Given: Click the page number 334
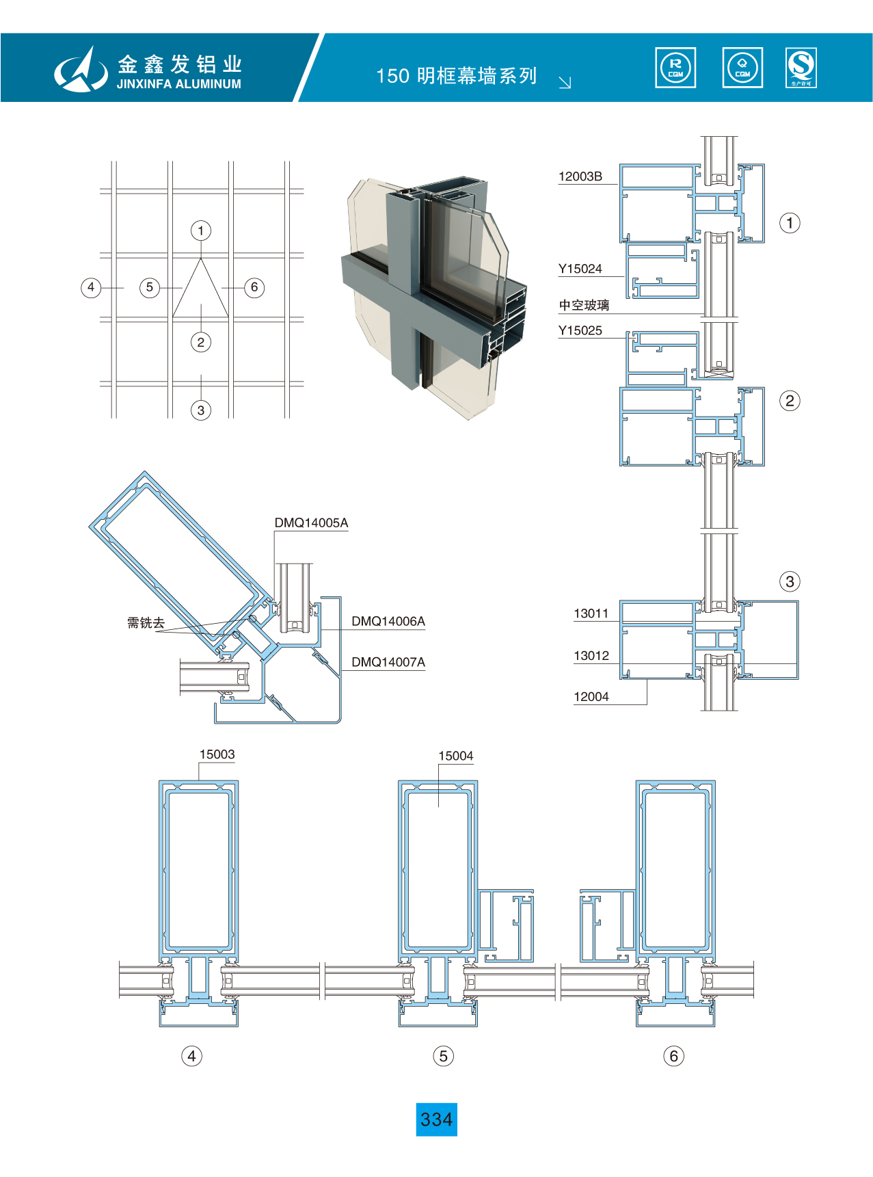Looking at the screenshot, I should tap(436, 1120).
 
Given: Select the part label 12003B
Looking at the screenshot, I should tap(580, 176).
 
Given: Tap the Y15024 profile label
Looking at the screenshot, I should tap(580, 269).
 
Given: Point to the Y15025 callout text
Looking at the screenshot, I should tap(580, 331).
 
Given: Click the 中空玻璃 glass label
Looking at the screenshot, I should tap(584, 305).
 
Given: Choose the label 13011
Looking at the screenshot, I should tap(591, 613).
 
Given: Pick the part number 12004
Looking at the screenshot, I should tap(591, 697).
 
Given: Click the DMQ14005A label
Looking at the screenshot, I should tap(311, 523).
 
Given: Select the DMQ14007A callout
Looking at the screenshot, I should tap(388, 662).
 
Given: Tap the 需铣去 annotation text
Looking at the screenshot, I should tap(146, 622).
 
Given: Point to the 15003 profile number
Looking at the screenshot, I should tap(217, 754).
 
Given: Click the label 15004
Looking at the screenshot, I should tap(455, 756).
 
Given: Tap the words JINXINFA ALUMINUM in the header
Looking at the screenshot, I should tap(178, 84).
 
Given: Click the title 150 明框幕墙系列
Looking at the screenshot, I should tap(456, 76).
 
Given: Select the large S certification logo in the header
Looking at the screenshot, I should tap(801, 68).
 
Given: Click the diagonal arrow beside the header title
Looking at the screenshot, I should tap(565, 83).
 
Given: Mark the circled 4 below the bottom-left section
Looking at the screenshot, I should tap(191, 1056).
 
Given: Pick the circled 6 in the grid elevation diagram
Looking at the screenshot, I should tap(254, 287).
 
